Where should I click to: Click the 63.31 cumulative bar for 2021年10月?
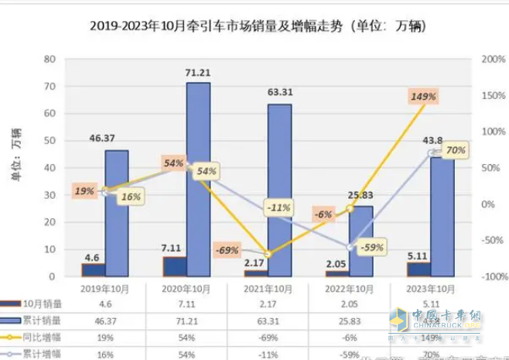click(x=279, y=190)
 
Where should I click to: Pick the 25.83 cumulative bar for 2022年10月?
click(x=360, y=241)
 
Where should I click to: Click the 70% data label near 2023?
click(x=456, y=149)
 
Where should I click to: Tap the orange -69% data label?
click(x=227, y=250)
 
